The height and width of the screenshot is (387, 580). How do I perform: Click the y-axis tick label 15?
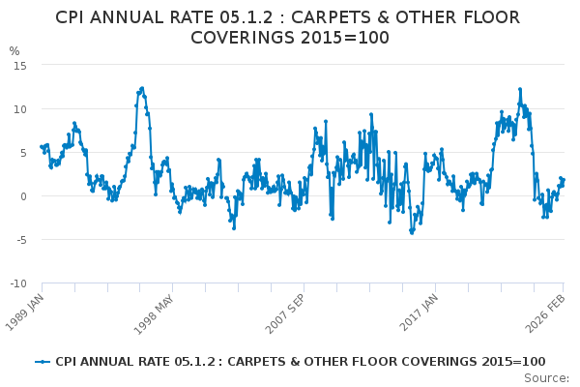tap(19, 65)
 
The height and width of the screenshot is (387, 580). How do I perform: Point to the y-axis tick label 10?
tap(19, 108)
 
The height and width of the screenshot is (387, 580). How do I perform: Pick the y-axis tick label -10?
tap(17, 283)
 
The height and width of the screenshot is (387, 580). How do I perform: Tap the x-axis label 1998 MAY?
tap(158, 311)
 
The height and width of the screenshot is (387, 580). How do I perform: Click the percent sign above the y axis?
tap(14, 51)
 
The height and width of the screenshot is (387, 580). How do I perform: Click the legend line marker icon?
tap(42, 362)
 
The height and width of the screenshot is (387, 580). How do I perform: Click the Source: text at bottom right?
tap(546, 378)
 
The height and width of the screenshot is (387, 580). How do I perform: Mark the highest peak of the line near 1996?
tap(142, 88)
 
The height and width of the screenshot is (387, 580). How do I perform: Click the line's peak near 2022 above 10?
tap(519, 89)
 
